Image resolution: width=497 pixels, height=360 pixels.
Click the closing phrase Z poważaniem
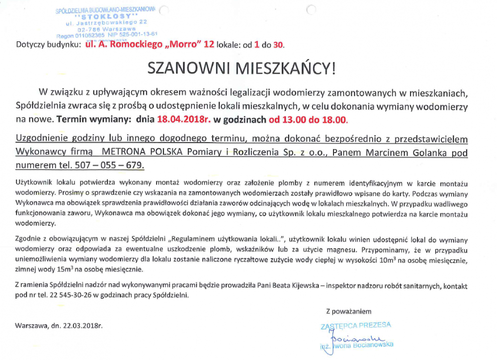pos(348,312)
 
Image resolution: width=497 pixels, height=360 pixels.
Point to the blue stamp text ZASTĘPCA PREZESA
pos(356,325)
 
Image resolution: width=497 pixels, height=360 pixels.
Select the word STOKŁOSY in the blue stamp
pos(107,16)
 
